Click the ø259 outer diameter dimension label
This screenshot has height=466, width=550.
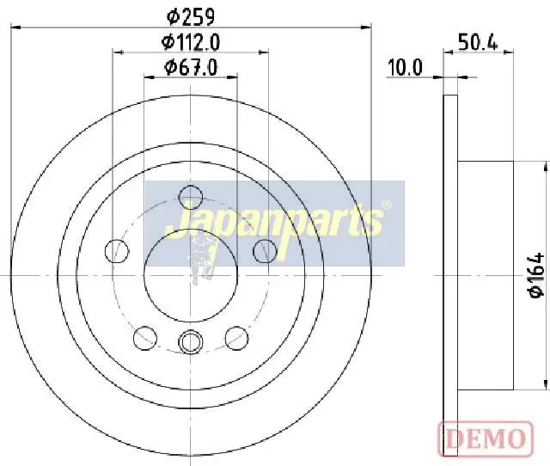coord(191,16)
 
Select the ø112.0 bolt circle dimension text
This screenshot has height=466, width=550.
coord(191,42)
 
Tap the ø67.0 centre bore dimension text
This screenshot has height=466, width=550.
coord(191,67)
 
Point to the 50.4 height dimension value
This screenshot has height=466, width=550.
coord(478,43)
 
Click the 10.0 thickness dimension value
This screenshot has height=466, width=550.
coord(405,67)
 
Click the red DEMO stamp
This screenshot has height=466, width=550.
coord(486,438)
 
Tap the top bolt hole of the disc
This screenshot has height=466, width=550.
coord(191,197)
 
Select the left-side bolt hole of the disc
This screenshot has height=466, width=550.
coord(117,251)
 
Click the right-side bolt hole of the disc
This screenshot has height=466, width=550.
coord(265,251)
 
